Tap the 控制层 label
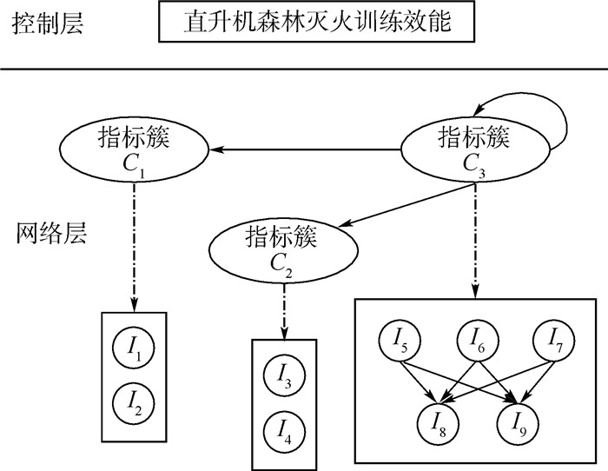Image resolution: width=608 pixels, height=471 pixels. click(x=49, y=23)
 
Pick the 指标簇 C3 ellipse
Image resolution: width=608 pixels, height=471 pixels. click(x=474, y=149)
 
